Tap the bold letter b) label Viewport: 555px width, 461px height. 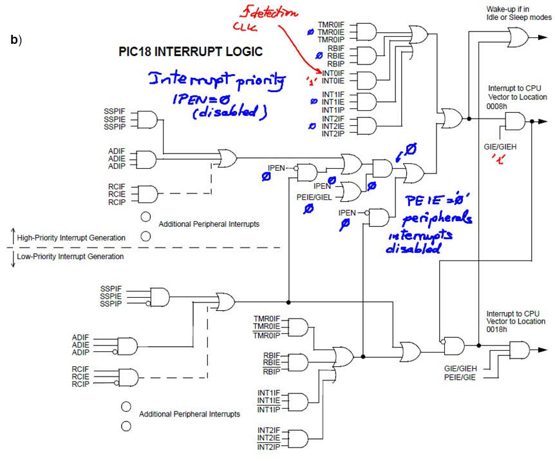coord(17,39)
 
